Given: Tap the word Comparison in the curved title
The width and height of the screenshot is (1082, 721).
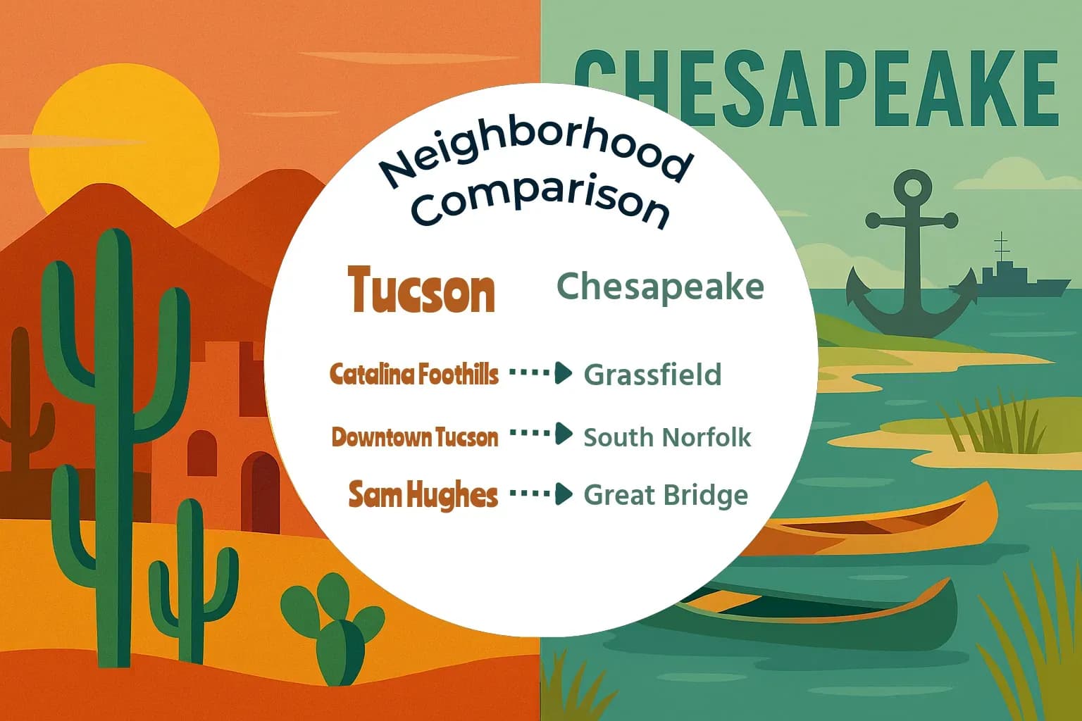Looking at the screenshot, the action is click(541, 202).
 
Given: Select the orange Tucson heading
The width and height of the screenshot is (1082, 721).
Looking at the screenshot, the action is click(421, 290).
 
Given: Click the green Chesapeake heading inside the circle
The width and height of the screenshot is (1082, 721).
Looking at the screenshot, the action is click(660, 287).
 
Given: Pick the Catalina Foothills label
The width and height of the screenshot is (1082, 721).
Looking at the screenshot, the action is click(414, 374).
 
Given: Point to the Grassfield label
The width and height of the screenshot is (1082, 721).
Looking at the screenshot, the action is click(652, 375).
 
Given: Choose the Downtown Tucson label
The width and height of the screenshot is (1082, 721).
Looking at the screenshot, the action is click(415, 437).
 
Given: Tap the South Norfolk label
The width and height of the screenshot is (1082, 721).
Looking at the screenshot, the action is click(667, 437).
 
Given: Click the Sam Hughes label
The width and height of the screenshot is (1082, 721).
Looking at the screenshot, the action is click(423, 495).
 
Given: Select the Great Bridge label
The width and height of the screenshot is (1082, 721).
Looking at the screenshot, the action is click(666, 495).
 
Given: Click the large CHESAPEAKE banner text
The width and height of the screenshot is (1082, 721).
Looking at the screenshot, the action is click(817, 88).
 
